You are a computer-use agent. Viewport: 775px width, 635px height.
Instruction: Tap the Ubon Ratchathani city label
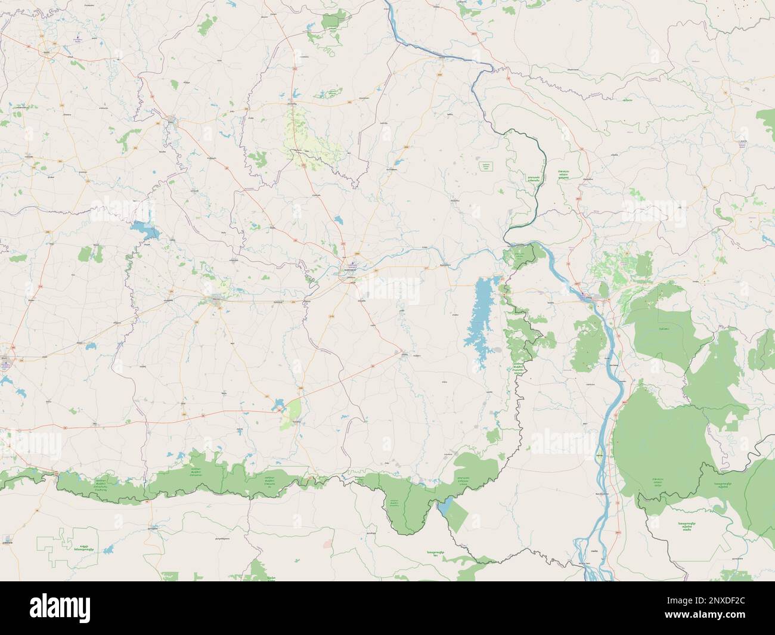346,275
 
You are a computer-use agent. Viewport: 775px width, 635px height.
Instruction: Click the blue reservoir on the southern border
444,507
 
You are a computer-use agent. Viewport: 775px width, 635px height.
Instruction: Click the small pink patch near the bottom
327,544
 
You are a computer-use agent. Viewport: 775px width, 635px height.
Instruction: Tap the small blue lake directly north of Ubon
339,221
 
